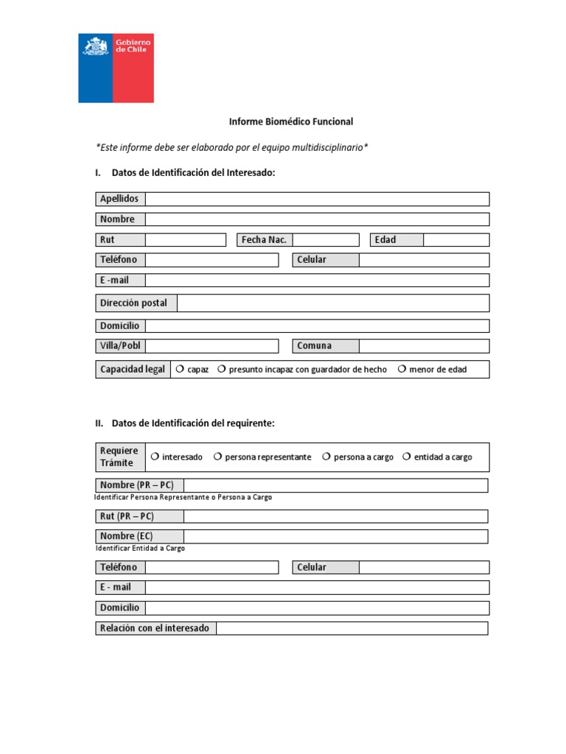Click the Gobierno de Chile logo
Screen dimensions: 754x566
(x=116, y=68)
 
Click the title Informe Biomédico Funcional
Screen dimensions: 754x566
(x=290, y=121)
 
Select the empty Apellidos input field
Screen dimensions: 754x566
(x=317, y=199)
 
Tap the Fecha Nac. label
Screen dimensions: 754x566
(x=264, y=239)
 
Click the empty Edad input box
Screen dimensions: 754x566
(x=455, y=239)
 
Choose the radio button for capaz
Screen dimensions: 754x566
(x=180, y=369)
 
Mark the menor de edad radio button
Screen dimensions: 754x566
(x=402, y=369)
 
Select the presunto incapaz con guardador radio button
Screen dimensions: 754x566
(x=221, y=369)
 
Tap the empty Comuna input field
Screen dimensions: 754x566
(x=424, y=346)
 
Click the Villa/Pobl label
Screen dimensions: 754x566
(x=120, y=346)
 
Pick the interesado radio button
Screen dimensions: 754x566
(x=155, y=457)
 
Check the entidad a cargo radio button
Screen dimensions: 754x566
(x=407, y=457)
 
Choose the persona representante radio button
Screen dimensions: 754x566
(x=218, y=457)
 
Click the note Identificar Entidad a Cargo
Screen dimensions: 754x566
(x=140, y=549)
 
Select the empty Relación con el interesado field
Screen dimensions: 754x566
(x=352, y=628)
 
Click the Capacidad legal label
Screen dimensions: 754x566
(x=133, y=369)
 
